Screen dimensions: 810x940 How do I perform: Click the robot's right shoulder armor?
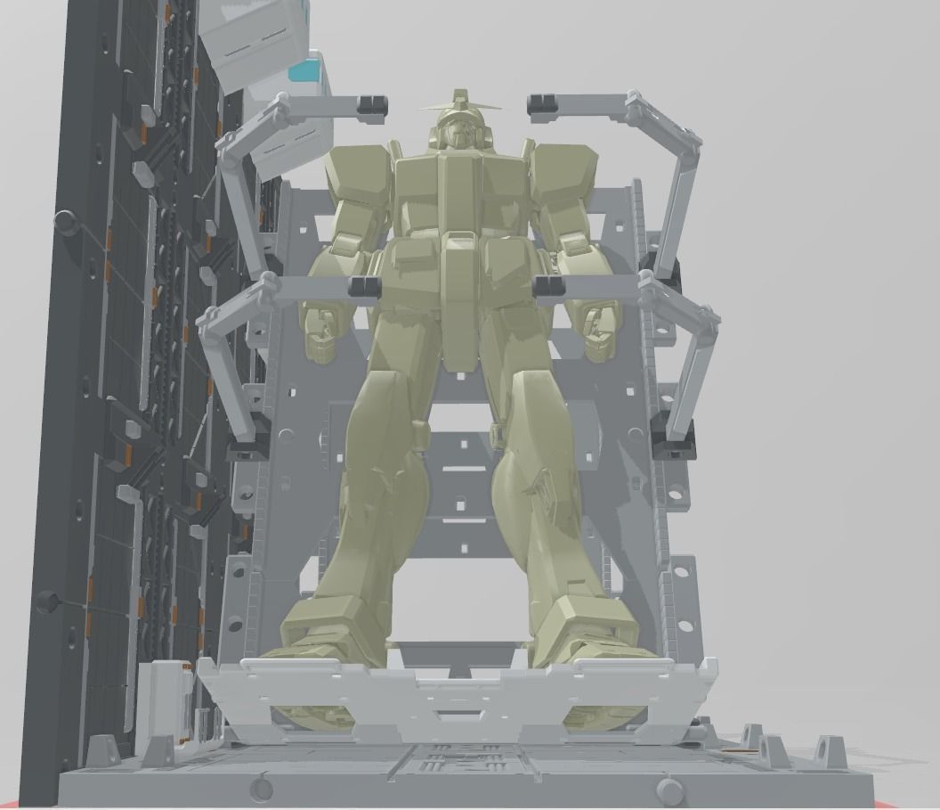(356, 174)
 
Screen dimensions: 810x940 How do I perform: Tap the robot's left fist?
(600, 330)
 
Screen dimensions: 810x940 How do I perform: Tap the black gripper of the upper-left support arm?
(372, 108)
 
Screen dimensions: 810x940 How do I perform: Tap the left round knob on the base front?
(261, 788)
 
